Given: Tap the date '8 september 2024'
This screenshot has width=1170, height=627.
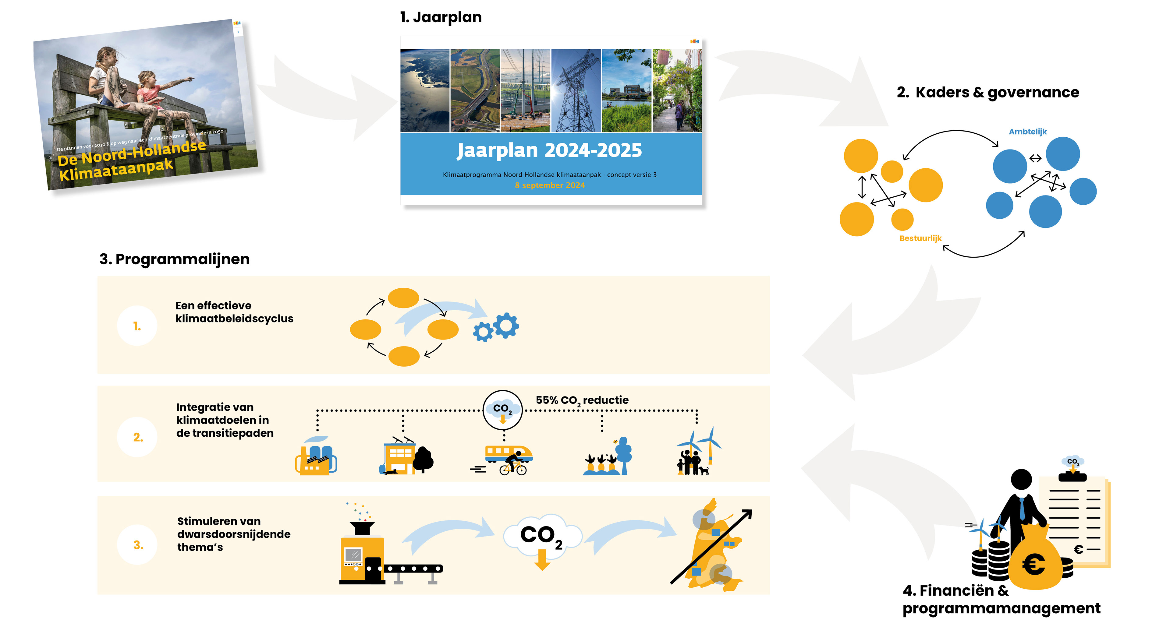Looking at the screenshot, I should (550, 185).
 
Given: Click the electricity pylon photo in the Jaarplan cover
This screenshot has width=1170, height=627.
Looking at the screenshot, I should (576, 91).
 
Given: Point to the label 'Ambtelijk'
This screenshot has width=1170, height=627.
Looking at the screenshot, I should (1027, 132).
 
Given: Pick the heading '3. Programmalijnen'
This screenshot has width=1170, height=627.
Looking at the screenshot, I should (174, 259).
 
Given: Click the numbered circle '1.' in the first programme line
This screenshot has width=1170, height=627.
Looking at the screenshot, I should (137, 326).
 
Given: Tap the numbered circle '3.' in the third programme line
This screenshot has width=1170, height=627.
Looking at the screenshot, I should (138, 545).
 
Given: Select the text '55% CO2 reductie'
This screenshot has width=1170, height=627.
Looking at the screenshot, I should (582, 400).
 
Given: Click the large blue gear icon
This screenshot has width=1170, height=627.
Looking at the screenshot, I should (506, 325).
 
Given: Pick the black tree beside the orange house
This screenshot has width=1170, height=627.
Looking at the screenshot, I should (423, 460).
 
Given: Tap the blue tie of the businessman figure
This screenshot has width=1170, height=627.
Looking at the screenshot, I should (1022, 509).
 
